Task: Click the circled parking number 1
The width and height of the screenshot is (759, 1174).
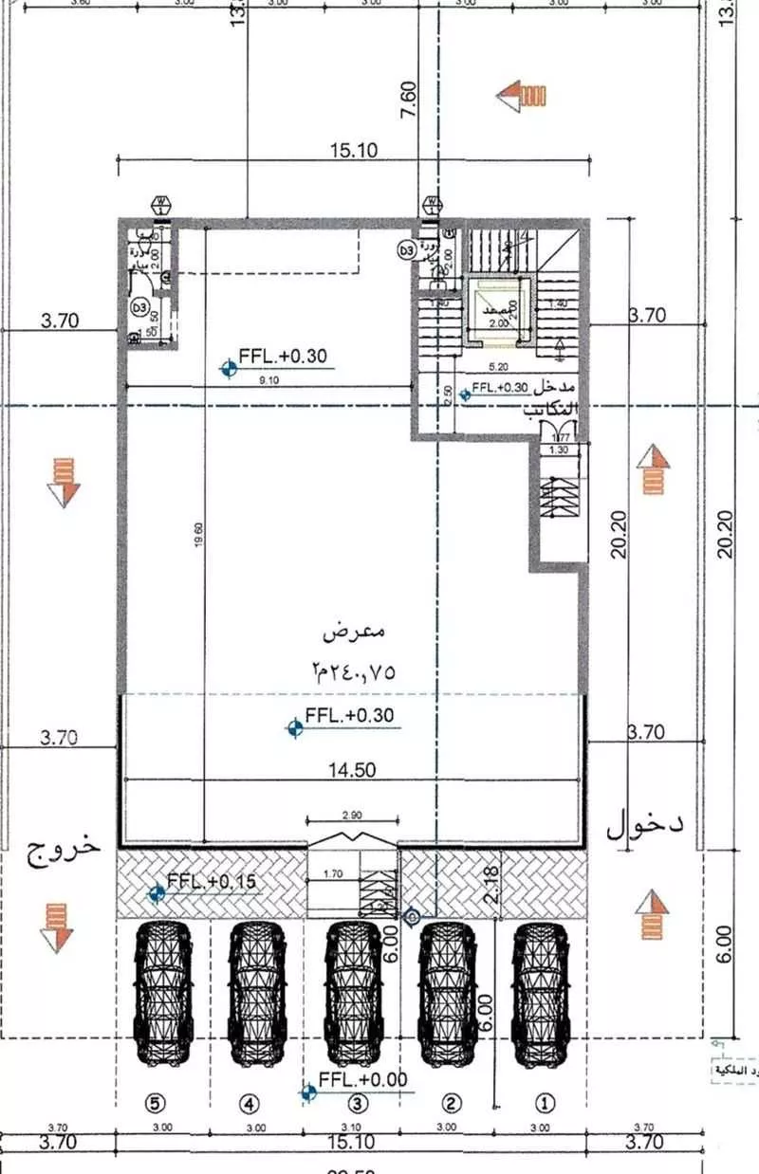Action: [x=544, y=1103]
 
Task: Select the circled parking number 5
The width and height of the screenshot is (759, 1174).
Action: [x=157, y=1103]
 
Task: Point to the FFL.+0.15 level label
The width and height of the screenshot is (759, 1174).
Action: [x=211, y=881]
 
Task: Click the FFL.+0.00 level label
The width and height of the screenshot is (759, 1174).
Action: [x=362, y=1080]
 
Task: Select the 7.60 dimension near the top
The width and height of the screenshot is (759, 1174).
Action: [x=408, y=100]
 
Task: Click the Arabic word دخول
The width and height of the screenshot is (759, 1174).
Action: [x=645, y=825]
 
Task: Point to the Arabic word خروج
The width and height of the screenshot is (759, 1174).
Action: [x=63, y=847]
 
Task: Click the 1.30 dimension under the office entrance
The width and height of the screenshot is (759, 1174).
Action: [x=558, y=449]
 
